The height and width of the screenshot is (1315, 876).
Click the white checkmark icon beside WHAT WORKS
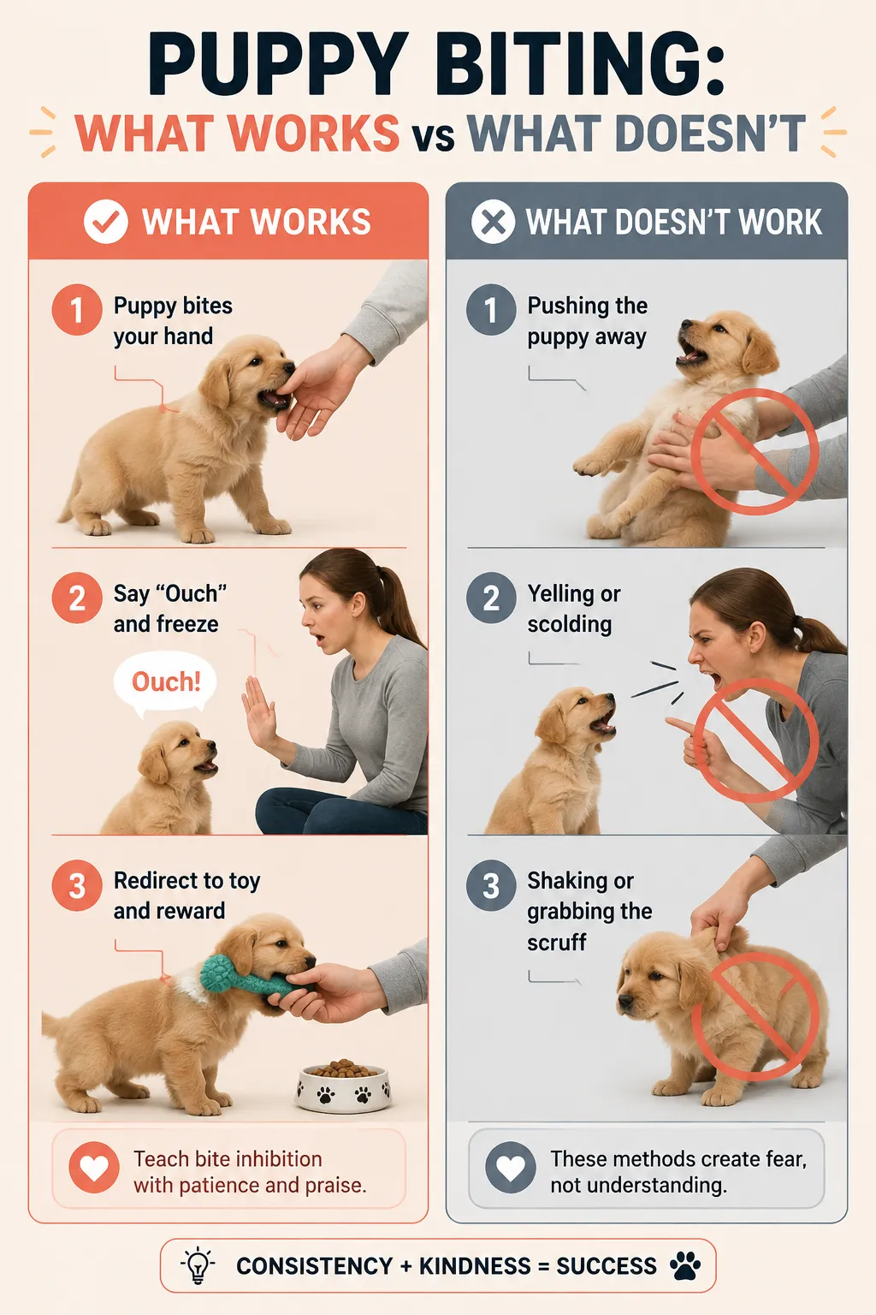click(105, 222)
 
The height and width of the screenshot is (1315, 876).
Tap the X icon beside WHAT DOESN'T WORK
click(494, 222)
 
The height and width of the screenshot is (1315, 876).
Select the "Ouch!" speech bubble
click(165, 683)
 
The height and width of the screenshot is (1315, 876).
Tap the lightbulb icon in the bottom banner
click(198, 1265)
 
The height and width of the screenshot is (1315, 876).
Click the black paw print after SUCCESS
click(684, 1265)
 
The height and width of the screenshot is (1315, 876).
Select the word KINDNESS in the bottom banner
click(475, 1266)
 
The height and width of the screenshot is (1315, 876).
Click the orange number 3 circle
click(77, 885)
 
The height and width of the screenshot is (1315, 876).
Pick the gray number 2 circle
click(491, 598)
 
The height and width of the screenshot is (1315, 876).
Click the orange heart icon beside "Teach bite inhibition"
click(94, 1168)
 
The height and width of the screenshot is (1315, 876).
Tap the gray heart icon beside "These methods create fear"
click(511, 1168)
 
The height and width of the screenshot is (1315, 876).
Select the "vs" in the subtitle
click(433, 136)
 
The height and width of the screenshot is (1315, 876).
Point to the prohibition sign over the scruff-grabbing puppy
click(755, 1016)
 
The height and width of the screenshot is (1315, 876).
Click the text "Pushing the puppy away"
click(587, 321)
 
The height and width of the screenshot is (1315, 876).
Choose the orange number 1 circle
click(77, 309)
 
